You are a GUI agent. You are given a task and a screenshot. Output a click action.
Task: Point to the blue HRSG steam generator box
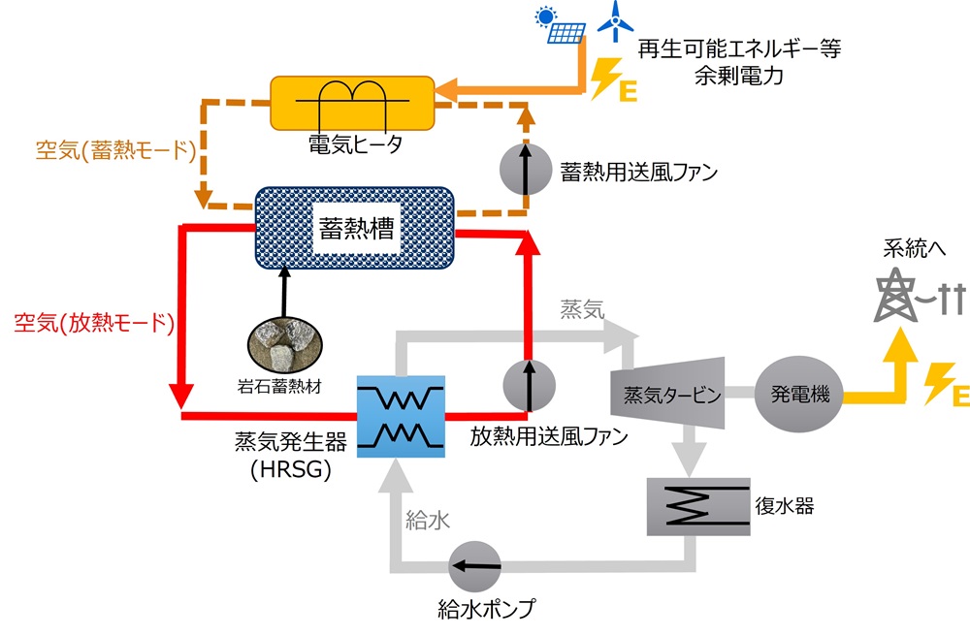(x=401, y=417)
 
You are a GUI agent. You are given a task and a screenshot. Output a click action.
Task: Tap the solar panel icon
(x=564, y=28)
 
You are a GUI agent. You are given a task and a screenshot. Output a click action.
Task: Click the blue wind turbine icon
(x=613, y=21)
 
